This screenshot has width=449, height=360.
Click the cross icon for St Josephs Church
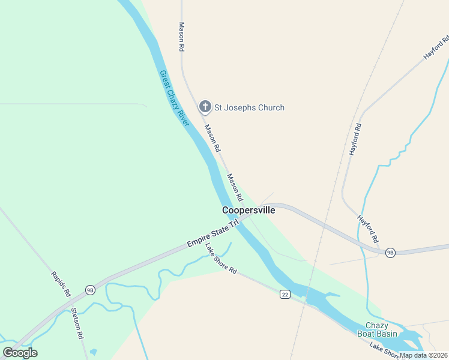click(205, 107)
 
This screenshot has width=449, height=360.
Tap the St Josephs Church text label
click(250, 108)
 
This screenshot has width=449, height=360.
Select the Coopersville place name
click(249, 210)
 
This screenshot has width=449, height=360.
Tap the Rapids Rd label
click(61, 284)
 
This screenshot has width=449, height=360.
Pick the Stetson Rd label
click(77, 323)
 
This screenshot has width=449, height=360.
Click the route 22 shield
click(285, 293)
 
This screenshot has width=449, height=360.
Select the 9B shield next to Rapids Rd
click(90, 290)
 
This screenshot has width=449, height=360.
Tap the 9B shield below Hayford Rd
click(390, 252)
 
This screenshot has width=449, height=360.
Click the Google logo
click(20, 353)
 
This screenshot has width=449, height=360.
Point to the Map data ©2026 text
click(424, 355)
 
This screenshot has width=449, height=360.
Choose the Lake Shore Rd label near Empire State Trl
click(221, 258)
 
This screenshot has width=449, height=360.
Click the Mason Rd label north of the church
click(181, 37)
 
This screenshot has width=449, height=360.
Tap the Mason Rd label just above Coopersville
click(235, 187)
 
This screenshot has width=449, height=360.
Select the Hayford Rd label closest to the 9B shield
click(368, 229)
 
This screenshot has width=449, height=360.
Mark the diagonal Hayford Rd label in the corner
click(436, 46)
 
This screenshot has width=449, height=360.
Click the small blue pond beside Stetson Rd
click(93, 352)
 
